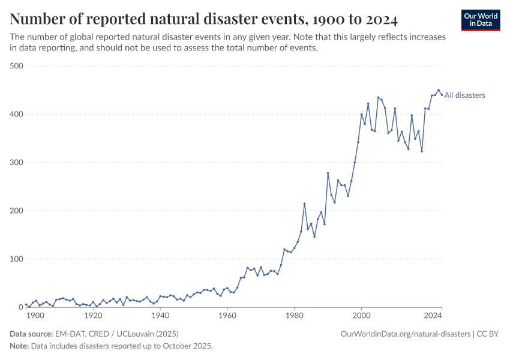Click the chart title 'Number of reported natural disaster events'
pos(204,19)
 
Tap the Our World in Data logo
pos(480,20)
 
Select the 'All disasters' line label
pos(465,95)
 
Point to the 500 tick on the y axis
pos(17,66)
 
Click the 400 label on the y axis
pos(17,114)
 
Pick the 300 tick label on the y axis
pos(17,163)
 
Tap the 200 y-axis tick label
pos(17,211)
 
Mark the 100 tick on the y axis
pos(17,259)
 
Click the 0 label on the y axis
pos(20,307)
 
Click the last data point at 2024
pos(442,95)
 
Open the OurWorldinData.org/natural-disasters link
pos(406,334)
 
